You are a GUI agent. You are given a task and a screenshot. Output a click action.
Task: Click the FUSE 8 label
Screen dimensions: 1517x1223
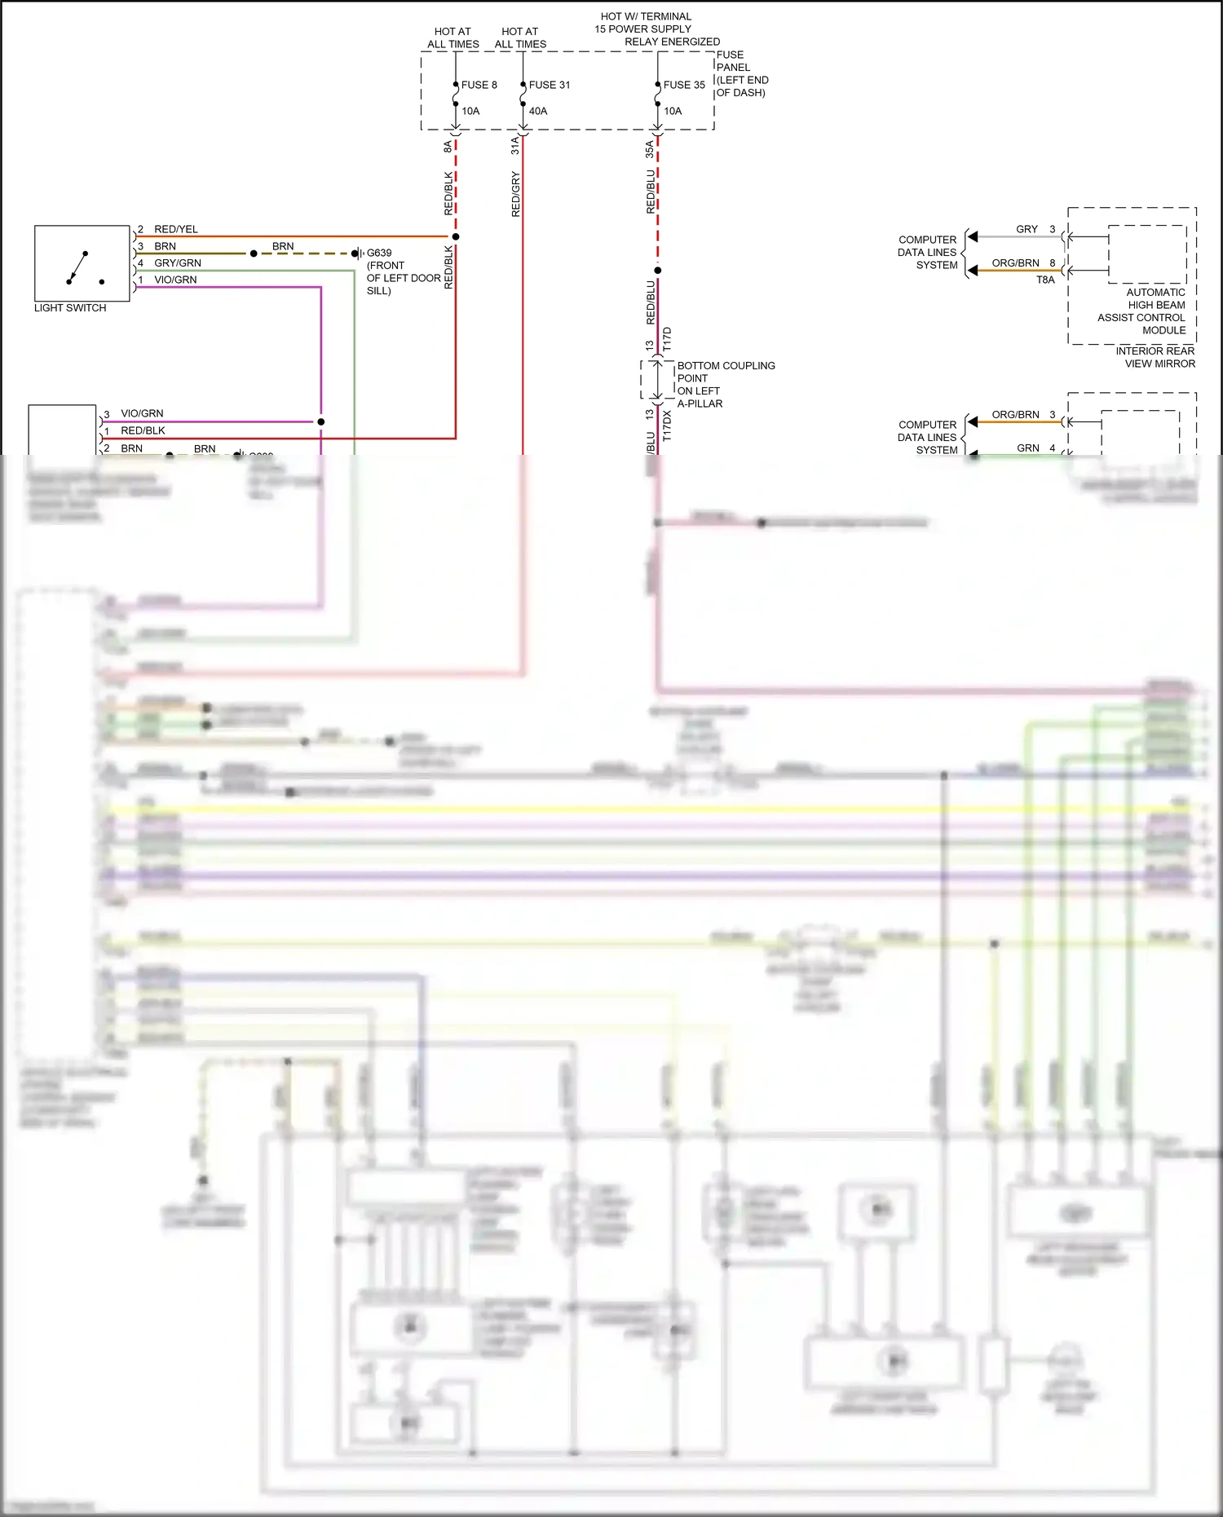click(479, 85)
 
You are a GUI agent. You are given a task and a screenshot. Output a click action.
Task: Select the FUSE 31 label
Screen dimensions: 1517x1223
click(549, 85)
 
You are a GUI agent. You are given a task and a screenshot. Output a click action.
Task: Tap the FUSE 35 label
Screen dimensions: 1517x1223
click(683, 85)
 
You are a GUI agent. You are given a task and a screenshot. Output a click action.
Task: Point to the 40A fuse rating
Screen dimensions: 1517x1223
click(538, 111)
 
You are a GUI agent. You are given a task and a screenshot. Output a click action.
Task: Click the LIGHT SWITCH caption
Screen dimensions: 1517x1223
click(70, 308)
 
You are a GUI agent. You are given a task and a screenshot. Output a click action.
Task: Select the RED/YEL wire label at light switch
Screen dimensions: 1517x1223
click(176, 229)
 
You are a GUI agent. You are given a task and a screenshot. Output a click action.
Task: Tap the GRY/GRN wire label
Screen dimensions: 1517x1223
click(178, 263)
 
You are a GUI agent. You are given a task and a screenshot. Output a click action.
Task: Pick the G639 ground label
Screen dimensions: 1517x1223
click(379, 253)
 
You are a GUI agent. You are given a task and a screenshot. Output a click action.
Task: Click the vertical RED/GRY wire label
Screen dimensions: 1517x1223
click(515, 194)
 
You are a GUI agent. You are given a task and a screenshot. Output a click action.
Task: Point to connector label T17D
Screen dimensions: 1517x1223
click(667, 339)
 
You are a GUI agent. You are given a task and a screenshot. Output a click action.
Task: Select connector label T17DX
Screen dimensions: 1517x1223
click(667, 426)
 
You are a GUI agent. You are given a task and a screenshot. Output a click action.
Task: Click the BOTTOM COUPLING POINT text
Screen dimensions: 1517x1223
click(725, 384)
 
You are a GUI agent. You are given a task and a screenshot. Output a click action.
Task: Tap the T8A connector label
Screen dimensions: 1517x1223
click(1045, 280)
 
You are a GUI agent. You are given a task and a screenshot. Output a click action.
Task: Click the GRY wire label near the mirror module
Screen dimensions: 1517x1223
click(1027, 229)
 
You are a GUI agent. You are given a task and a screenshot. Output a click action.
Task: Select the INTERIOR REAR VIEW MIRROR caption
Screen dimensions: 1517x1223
click(1155, 357)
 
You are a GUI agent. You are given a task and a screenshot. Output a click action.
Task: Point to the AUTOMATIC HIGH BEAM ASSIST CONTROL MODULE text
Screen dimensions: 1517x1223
click(1142, 311)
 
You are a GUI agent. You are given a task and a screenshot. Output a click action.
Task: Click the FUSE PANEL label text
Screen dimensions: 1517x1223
click(741, 73)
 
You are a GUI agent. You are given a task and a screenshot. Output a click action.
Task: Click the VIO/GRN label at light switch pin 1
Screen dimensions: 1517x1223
click(175, 280)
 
